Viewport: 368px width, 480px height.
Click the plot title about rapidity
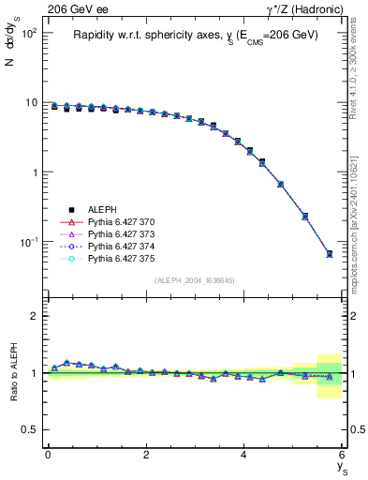pos(196,35)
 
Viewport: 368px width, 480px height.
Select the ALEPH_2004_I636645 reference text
pos(194,280)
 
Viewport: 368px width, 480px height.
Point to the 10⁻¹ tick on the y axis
pos(28,242)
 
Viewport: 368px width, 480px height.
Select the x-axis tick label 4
pos(243,454)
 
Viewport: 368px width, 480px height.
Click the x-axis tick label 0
pos(48,454)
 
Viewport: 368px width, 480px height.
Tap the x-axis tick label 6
pos(342,454)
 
